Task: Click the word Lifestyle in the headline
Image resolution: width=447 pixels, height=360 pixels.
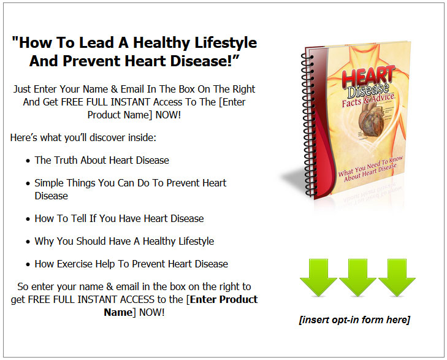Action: [x=226, y=43]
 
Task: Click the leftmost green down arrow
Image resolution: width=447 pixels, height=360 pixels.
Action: [x=318, y=277]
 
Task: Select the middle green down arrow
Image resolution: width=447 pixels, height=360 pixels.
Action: [x=357, y=277]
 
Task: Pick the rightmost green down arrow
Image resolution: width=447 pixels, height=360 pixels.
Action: [x=397, y=277]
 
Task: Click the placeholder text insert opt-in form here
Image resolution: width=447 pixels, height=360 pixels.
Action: [x=354, y=320]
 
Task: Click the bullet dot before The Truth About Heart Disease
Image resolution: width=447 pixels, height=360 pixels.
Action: [x=28, y=161]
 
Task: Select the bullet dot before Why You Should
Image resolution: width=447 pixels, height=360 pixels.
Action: [x=28, y=242]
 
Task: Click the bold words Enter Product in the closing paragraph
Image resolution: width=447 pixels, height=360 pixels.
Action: [x=224, y=299]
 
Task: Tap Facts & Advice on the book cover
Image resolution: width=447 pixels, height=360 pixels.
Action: [x=368, y=99]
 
